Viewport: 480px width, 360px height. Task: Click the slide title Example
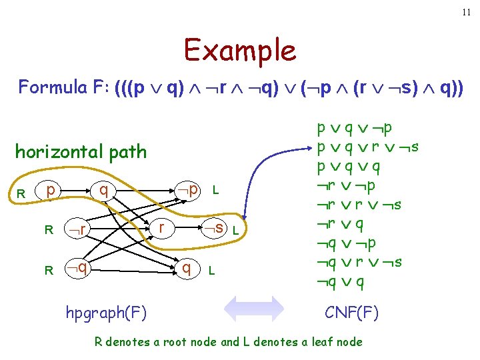240,51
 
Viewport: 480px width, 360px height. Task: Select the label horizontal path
81,152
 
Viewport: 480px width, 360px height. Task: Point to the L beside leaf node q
211,271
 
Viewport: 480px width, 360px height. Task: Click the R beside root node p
21,194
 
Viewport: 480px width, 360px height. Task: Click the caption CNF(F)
351,311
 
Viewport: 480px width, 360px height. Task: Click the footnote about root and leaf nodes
229,342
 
